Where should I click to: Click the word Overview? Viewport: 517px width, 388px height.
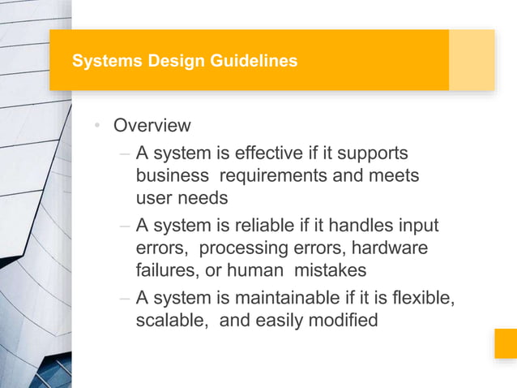(152, 126)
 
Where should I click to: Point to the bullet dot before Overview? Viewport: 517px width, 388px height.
(96, 126)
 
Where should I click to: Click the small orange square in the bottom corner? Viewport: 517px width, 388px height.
(506, 343)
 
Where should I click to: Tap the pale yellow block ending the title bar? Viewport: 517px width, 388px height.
(472, 60)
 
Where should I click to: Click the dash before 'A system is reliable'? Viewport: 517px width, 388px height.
(124, 226)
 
